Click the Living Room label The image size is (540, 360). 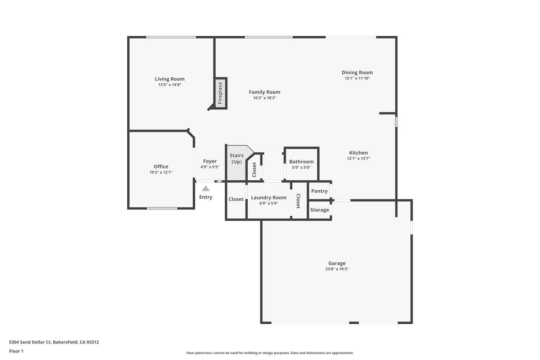coord(170,79)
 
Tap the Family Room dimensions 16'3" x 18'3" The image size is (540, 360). coord(265,98)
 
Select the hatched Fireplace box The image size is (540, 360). coord(221,93)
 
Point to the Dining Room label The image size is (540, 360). coord(357,72)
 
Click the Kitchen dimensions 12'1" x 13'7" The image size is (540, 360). coord(359,158)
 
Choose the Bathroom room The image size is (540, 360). coord(301,164)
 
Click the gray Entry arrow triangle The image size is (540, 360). coord(206,189)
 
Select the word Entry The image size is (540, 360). coord(206,197)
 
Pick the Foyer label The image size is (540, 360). coord(210,161)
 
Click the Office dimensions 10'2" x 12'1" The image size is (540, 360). coord(161,172)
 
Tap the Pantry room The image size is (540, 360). coord(319,191)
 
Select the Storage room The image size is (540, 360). coord(319,210)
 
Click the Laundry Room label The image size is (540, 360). coord(269,198)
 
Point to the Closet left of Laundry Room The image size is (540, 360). coord(236,199)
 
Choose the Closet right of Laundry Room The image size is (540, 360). coord(298,201)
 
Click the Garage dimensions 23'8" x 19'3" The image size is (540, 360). coord(337,269)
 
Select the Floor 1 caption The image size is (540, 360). coord(16,351)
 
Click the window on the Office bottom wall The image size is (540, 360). coord(162,208)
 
